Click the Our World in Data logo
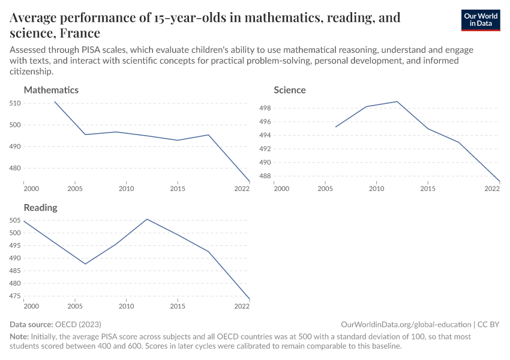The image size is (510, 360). click(480, 20)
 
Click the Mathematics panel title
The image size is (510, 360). click(51, 90)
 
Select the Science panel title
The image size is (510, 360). click(290, 90)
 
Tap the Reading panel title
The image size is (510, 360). click(40, 208)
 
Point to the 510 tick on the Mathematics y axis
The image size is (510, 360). click(15, 103)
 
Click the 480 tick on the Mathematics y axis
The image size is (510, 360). click(15, 169)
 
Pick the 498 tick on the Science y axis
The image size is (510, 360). click(265, 108)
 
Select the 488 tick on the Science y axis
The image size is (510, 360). click(265, 176)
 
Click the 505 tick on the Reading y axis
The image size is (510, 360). click(15, 220)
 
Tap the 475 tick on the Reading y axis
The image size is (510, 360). click(15, 296)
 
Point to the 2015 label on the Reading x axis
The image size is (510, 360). click(178, 307)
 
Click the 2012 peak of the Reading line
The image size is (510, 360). click(147, 219)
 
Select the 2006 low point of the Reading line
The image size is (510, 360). click(85, 264)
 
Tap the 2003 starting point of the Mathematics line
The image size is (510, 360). click(55, 101)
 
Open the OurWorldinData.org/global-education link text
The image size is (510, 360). click(406, 324)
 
